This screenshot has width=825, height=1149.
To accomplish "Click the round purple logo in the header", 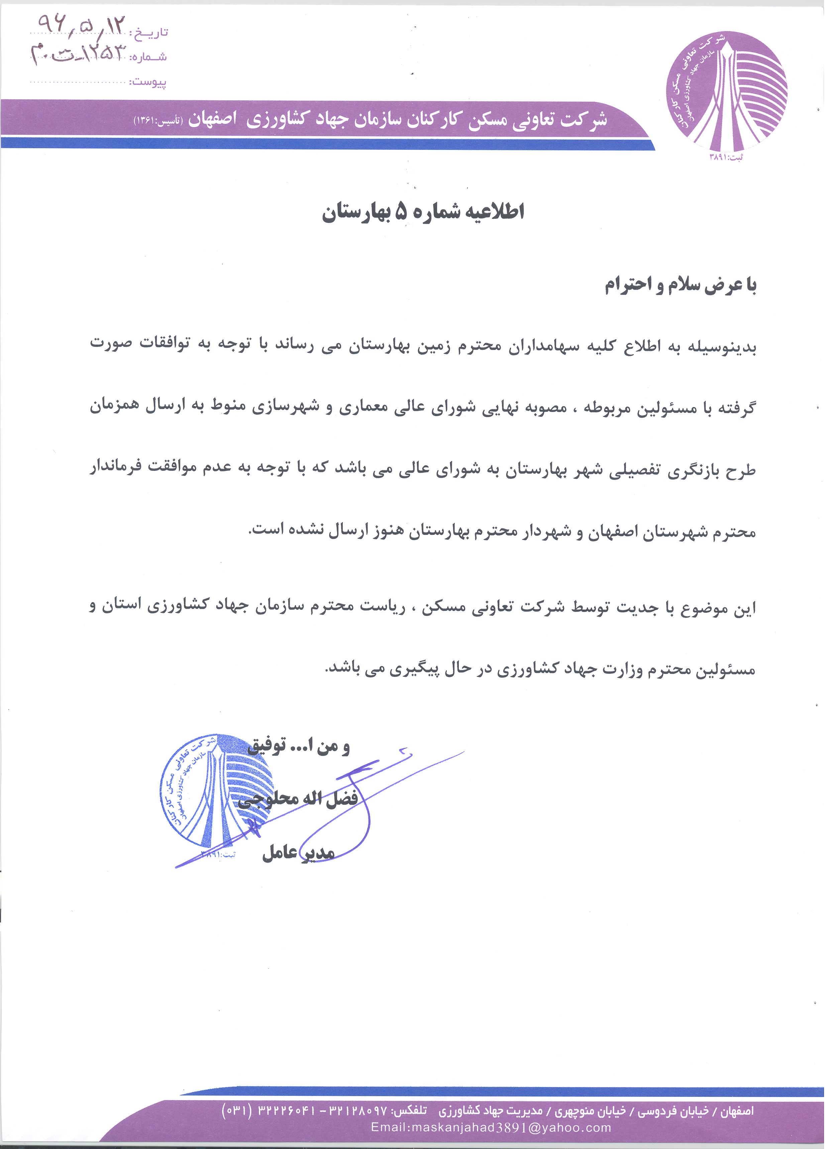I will (x=726, y=92).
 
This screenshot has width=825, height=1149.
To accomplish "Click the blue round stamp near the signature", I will (x=216, y=793).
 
